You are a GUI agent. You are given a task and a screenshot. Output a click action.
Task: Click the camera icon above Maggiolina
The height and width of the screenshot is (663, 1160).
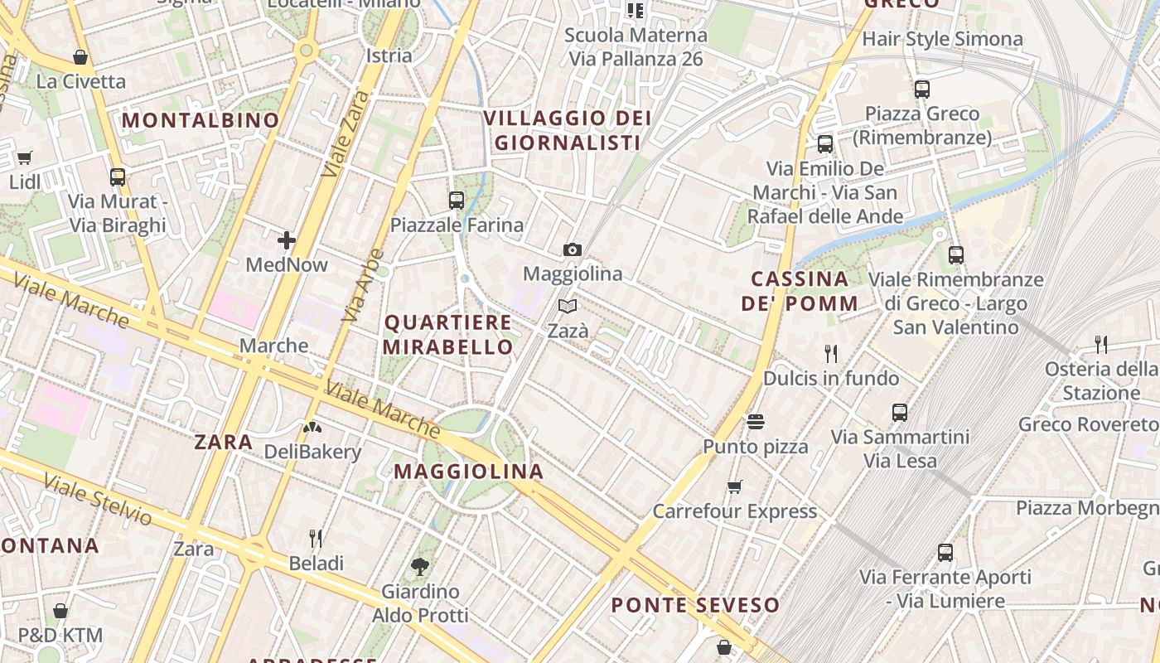[x=572, y=249]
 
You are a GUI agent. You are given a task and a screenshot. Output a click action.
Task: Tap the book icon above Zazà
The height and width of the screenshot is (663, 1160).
[x=568, y=307]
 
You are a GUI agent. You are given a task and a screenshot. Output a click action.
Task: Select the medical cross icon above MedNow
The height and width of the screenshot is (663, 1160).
[x=287, y=240]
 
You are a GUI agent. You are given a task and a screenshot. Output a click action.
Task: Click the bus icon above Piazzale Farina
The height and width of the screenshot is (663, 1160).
[x=456, y=200]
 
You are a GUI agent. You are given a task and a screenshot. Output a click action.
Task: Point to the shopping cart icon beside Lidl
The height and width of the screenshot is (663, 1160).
[x=25, y=157]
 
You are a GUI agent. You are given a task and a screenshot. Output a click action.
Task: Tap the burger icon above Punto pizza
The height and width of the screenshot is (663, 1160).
[x=755, y=422]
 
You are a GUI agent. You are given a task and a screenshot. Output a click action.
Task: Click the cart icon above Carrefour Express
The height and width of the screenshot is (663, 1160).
[x=734, y=486]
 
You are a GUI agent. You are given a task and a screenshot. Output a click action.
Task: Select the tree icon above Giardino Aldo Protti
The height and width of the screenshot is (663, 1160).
[x=420, y=567]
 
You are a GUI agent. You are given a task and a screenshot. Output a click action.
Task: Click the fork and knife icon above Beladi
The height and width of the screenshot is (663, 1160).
[x=316, y=539]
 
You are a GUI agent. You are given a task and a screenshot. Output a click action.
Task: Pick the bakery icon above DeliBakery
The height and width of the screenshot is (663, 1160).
[x=312, y=428]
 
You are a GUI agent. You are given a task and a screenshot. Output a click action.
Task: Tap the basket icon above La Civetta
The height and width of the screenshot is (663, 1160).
[x=80, y=57]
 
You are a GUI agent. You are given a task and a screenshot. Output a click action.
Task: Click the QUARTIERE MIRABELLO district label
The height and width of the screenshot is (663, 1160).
[x=448, y=334]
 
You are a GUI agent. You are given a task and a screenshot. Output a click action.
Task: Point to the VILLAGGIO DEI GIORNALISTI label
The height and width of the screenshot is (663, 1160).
[x=568, y=130]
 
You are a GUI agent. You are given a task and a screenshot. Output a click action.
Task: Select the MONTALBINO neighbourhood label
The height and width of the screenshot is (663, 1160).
[x=201, y=120]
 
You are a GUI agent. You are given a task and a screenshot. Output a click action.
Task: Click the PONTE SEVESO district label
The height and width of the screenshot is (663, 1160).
[x=695, y=605]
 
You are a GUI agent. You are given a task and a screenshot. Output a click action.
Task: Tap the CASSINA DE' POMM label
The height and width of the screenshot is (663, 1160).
[x=800, y=291]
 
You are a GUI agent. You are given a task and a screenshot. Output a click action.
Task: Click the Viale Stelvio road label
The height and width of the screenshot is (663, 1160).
[x=98, y=499]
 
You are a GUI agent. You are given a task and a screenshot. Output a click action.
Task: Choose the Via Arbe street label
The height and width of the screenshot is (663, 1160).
[x=364, y=285]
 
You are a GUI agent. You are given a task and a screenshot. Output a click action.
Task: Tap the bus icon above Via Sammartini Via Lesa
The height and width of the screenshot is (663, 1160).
[x=900, y=412]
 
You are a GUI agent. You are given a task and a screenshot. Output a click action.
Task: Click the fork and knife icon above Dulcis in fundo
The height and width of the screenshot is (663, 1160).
[x=831, y=354]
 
